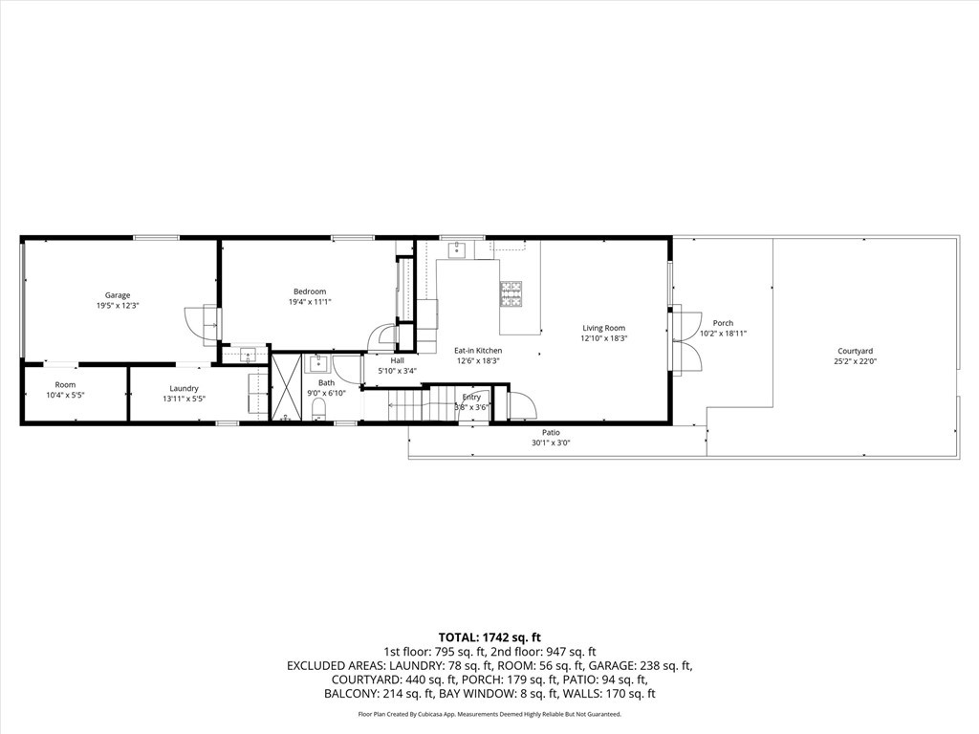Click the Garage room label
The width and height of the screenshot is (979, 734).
(118, 295)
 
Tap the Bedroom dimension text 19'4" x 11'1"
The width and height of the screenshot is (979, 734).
(309, 302)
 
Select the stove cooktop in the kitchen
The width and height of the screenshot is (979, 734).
(511, 293)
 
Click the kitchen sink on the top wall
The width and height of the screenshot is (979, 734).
(457, 249)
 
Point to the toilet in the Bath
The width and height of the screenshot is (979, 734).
(320, 410)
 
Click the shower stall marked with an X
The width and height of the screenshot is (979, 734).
(286, 389)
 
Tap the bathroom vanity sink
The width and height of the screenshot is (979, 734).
(317, 364)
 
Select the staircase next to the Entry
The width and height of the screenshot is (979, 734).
(405, 403)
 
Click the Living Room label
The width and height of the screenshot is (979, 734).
(603, 328)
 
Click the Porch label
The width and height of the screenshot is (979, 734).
(723, 323)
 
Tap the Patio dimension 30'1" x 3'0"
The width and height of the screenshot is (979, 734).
(550, 443)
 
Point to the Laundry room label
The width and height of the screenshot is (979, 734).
(184, 388)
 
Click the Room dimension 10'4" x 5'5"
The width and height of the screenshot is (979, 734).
(65, 396)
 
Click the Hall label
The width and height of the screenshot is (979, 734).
(397, 360)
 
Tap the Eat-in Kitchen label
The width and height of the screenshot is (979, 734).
(477, 351)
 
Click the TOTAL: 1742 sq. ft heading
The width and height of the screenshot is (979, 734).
(489, 637)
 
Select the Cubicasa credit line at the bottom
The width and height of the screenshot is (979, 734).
(489, 714)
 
